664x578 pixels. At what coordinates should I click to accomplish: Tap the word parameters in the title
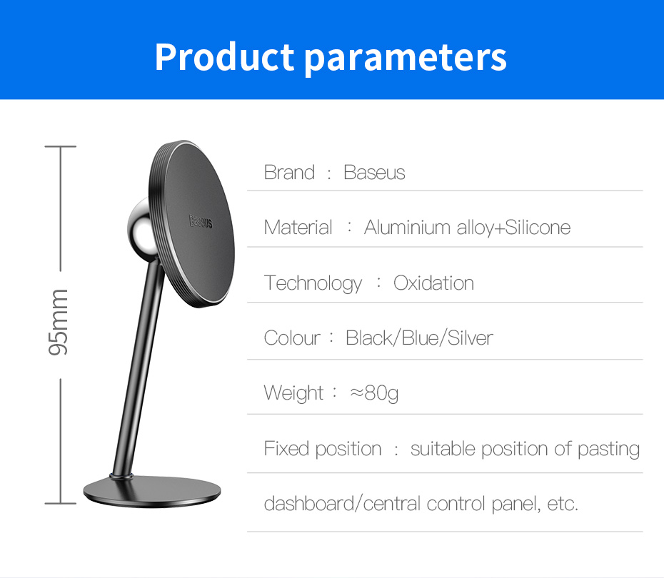(406, 59)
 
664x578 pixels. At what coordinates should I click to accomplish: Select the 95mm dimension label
(58, 323)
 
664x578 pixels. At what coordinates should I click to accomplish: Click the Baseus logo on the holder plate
(201, 221)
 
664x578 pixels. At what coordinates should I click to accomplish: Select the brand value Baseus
(374, 172)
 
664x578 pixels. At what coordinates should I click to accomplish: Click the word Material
(298, 227)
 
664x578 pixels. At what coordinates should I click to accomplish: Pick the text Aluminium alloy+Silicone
(467, 228)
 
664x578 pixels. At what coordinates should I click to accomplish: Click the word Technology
(313, 283)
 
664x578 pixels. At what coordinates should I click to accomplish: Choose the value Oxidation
(433, 283)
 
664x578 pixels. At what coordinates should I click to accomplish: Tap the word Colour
(292, 338)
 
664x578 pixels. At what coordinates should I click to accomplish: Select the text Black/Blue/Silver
(419, 338)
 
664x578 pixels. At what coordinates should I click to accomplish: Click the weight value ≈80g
(374, 393)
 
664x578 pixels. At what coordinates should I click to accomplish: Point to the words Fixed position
(323, 449)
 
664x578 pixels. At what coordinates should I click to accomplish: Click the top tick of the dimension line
(61, 147)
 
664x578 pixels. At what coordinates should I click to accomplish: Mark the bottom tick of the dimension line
(61, 504)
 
